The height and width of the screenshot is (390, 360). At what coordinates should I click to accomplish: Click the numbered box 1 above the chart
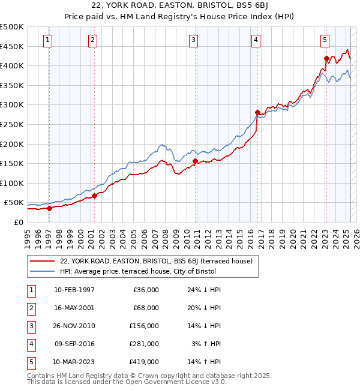pos(47,40)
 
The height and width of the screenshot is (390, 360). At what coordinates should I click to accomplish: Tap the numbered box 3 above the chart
pos(194,40)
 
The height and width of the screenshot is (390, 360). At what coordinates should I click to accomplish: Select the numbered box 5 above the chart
pos(325,40)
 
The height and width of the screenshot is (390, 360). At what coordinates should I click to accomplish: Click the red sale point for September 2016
pos(257,112)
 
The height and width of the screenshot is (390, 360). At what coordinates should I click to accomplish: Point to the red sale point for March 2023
pos(326,58)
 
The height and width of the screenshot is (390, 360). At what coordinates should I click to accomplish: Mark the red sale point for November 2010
pos(196,161)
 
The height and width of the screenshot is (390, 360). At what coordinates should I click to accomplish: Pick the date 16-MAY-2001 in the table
pos(74,308)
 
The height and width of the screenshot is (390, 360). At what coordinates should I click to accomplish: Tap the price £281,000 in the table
pos(144,344)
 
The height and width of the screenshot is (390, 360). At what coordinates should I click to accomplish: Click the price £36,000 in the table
pos(146,290)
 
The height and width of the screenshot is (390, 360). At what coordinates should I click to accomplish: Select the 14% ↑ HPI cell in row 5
pos(204,362)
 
